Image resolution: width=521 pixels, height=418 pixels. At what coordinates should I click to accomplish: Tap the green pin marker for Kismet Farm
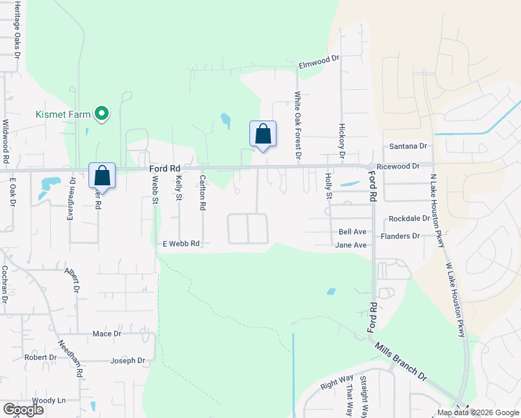pyautogui.click(x=102, y=112)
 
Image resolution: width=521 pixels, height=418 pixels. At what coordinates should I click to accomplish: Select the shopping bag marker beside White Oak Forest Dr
pyautogui.click(x=263, y=134)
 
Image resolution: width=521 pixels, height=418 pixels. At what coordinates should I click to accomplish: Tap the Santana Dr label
pyautogui.click(x=407, y=146)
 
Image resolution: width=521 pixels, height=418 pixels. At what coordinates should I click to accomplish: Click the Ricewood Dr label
pyautogui.click(x=398, y=167)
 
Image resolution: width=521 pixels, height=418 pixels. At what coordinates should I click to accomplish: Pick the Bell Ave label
pyautogui.click(x=352, y=231)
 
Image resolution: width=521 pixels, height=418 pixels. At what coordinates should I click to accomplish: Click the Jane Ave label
pyautogui.click(x=351, y=245)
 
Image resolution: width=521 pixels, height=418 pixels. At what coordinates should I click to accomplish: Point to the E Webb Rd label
pyautogui.click(x=181, y=244)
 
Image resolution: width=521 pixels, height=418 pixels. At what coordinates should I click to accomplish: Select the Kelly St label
pyautogui.click(x=179, y=189)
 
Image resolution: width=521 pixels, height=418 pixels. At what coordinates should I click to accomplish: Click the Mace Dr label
pyautogui.click(x=107, y=334)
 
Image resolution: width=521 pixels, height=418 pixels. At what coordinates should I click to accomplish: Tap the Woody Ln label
pyautogui.click(x=48, y=400)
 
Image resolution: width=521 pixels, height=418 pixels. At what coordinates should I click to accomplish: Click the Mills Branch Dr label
pyautogui.click(x=402, y=361)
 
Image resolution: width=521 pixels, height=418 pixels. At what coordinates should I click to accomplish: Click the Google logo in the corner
pyautogui.click(x=24, y=410)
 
